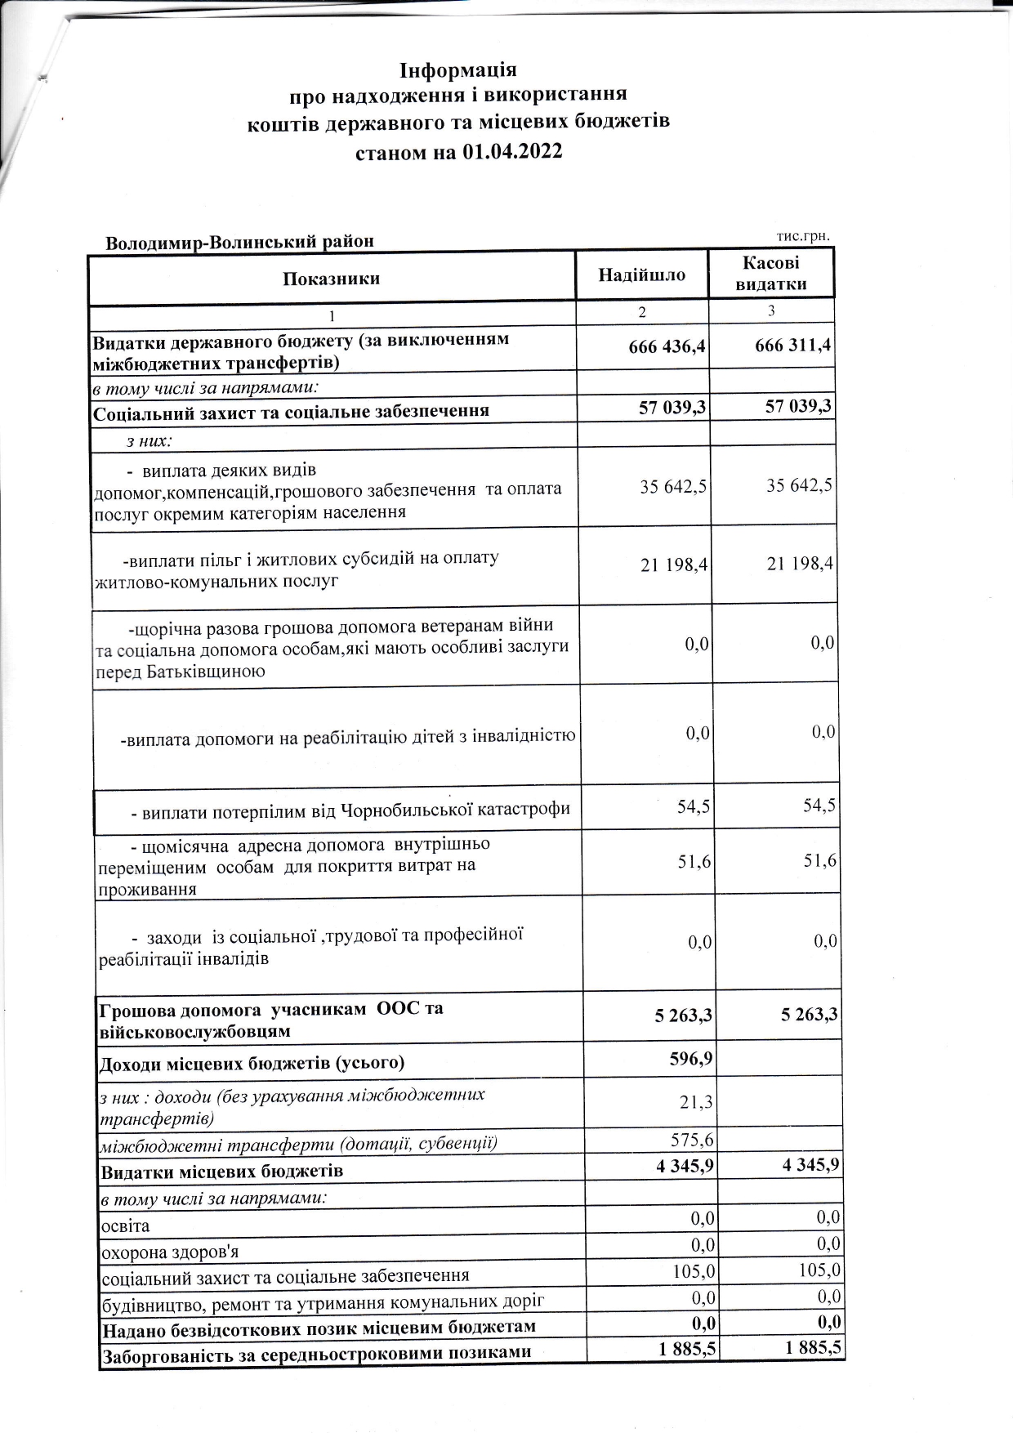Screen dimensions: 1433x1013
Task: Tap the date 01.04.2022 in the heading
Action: pos(511,152)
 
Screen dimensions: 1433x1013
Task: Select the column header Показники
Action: pos(331,279)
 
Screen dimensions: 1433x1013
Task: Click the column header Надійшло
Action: pos(641,275)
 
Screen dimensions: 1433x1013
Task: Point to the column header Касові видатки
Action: pos(770,274)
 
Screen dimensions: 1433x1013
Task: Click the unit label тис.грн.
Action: pos(802,236)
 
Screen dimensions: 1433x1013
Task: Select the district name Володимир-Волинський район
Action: pos(239,242)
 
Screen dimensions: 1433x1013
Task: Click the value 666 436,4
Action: pos(667,347)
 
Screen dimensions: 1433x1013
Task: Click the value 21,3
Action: pos(696,1102)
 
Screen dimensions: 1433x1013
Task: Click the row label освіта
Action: pos(125,1225)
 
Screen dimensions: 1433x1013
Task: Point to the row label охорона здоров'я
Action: pos(169,1252)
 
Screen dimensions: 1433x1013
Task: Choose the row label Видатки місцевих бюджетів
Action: pos(221,1172)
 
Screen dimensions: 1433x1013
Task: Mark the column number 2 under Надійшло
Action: pos(642,312)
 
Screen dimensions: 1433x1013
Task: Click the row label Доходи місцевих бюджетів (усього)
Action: pos(252,1064)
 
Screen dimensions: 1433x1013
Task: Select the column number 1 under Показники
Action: pos(332,315)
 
